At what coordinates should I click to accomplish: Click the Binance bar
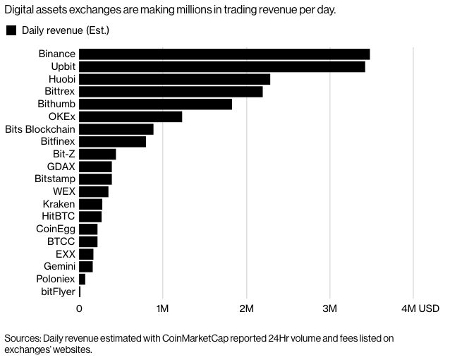(224, 54)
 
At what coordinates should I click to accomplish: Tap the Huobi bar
(174, 79)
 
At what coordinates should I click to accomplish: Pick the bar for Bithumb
(155, 104)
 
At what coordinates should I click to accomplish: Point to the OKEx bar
(130, 116)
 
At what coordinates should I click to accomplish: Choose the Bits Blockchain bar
(116, 129)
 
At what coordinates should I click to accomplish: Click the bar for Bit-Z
(97, 154)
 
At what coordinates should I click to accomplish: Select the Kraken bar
(90, 204)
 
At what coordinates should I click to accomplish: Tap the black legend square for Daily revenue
(11, 30)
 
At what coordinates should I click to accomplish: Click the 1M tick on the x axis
(162, 308)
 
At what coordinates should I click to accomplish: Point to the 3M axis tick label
(329, 308)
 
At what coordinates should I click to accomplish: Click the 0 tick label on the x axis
(79, 308)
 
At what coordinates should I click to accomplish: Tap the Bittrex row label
(58, 92)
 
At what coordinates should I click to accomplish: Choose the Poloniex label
(54, 279)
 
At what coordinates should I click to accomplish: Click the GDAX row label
(61, 167)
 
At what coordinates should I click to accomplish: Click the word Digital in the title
(21, 10)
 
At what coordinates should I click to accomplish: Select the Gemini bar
(86, 266)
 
